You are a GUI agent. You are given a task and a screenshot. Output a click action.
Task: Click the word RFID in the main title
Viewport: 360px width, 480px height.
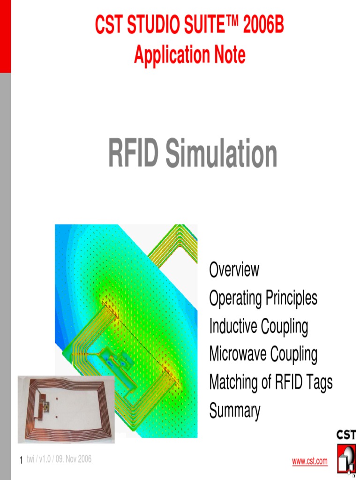click(x=134, y=154)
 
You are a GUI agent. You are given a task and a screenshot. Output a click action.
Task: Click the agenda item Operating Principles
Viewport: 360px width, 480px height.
click(x=263, y=298)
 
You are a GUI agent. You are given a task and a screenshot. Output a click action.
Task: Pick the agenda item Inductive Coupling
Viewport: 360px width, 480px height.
click(x=258, y=326)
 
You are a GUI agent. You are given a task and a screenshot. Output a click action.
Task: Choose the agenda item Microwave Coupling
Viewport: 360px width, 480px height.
click(x=263, y=354)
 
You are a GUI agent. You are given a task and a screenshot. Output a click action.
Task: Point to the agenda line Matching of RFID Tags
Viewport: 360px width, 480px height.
click(x=270, y=382)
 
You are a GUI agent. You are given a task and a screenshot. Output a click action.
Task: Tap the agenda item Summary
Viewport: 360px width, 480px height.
click(x=234, y=411)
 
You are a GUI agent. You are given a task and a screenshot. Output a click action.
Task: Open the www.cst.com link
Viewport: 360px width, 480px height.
click(x=310, y=462)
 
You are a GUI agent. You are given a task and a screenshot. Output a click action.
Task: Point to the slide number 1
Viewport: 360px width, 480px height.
click(x=21, y=461)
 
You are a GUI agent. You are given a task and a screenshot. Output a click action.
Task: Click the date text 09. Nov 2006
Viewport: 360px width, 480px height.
click(x=74, y=459)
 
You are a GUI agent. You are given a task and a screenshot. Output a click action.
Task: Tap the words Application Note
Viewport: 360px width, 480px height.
click(x=189, y=55)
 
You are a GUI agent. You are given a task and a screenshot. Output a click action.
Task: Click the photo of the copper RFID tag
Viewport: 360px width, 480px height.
click(x=66, y=409)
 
